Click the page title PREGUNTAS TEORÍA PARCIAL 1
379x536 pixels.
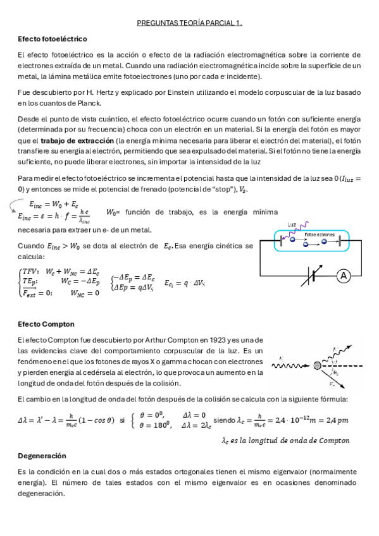tap(190, 24)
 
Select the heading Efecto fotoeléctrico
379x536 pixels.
tap(53, 39)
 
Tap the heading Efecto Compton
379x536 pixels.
tap(46, 324)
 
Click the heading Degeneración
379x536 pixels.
tap(42, 456)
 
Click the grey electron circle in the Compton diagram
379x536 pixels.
tap(316, 364)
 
